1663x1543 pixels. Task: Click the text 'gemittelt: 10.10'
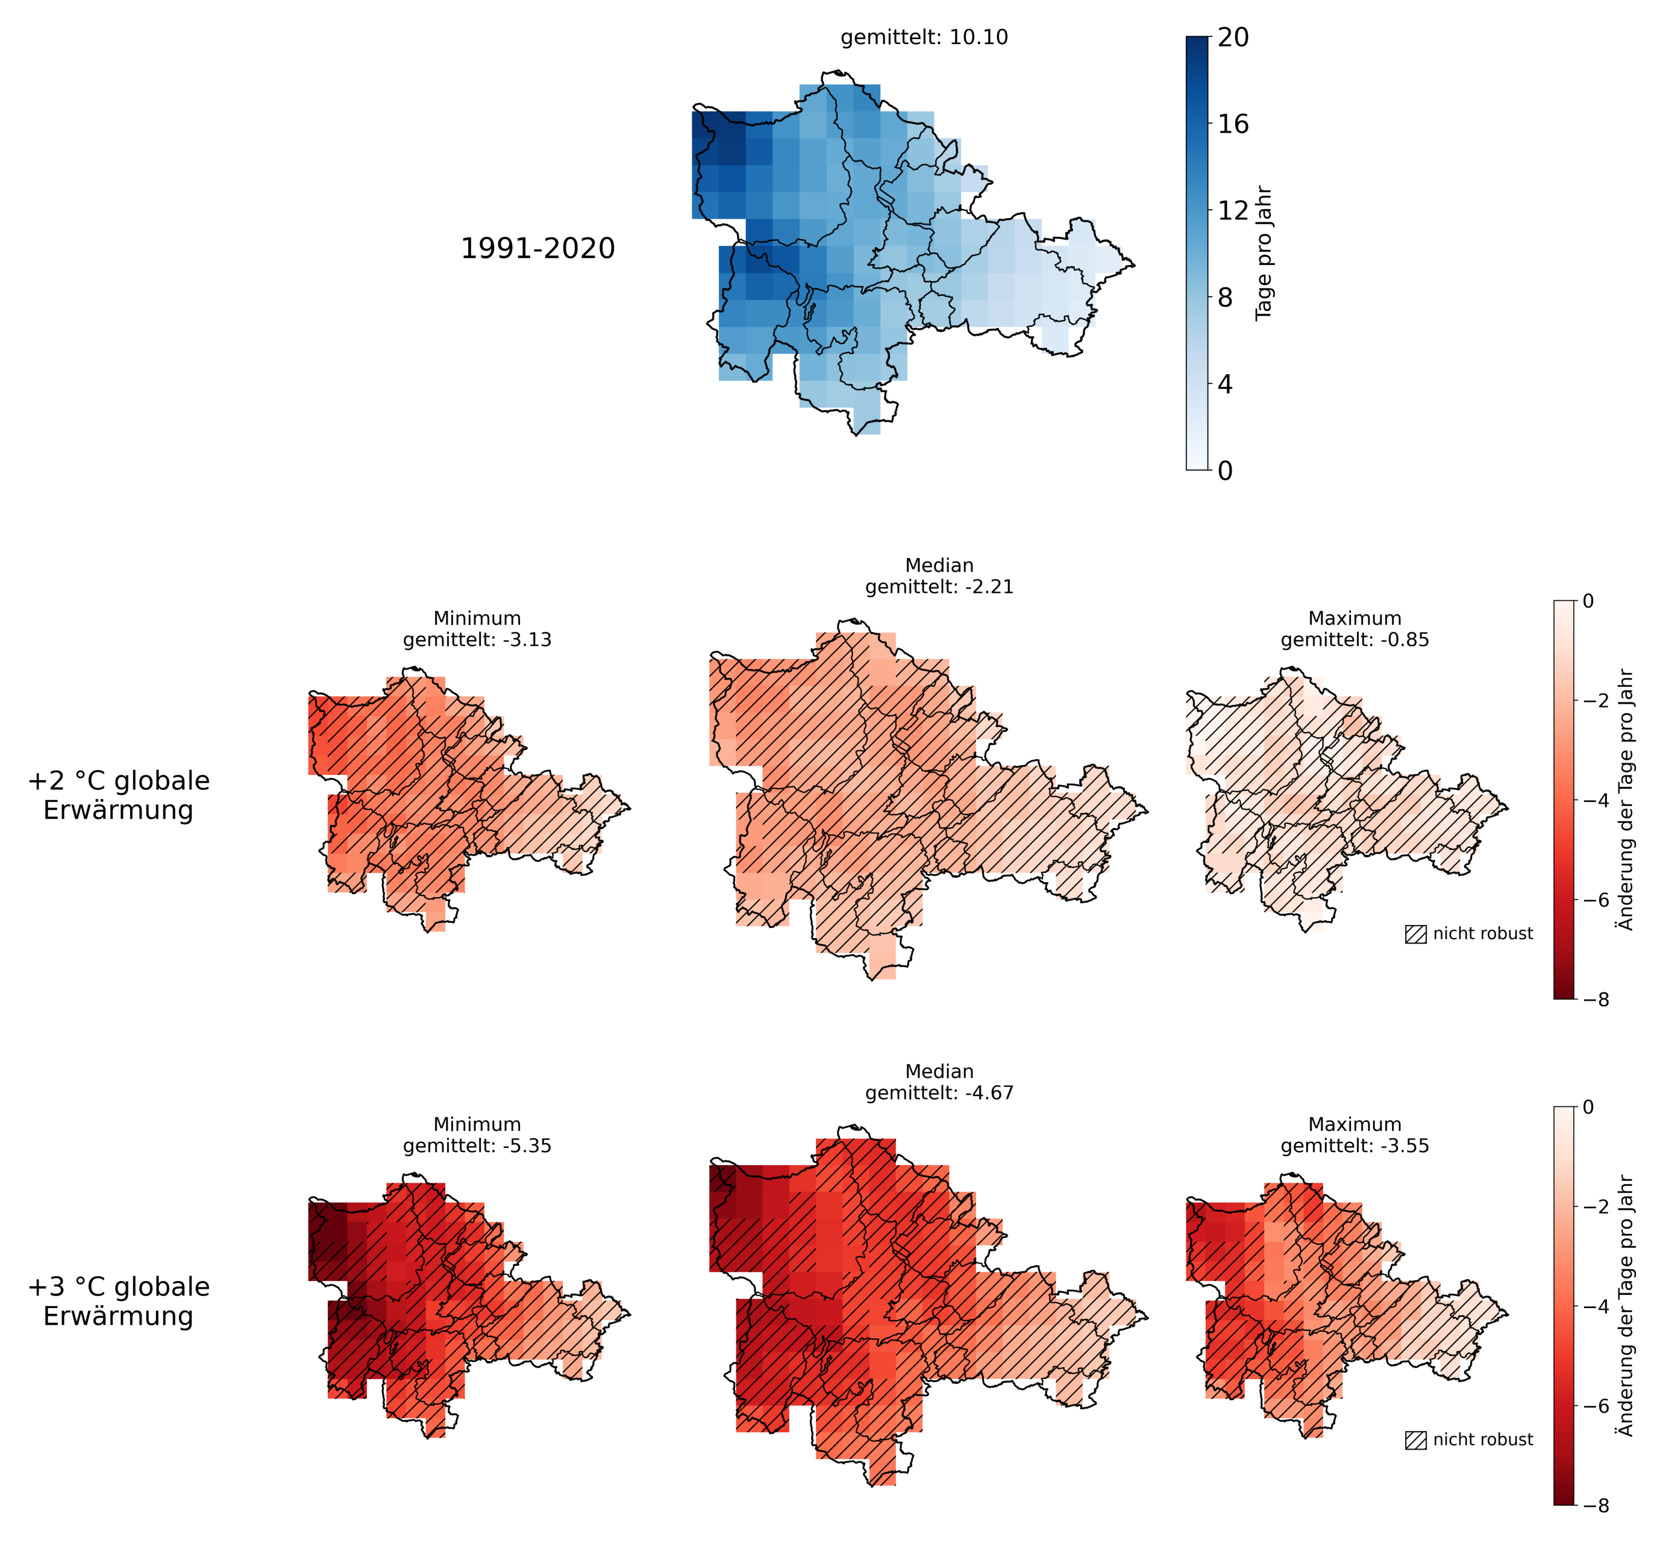click(924, 37)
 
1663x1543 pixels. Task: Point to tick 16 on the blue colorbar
click(1233, 124)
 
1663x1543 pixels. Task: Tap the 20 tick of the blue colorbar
click(1233, 37)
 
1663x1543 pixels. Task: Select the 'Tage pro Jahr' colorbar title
click(1264, 253)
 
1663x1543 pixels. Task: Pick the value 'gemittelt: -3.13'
click(478, 640)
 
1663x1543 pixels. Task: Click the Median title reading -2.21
click(939, 576)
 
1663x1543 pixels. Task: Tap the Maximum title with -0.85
click(1355, 629)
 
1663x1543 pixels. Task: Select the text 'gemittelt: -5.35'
click(478, 1145)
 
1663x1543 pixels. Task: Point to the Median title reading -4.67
click(939, 1082)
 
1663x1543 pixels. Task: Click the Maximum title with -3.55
click(1355, 1135)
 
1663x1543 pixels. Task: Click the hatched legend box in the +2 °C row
click(1416, 934)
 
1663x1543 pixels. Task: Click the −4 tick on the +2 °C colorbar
click(1593, 800)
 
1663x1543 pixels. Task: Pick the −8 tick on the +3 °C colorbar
click(1593, 1506)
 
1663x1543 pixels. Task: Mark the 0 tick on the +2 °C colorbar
click(1588, 601)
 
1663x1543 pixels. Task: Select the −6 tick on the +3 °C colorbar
click(1593, 1406)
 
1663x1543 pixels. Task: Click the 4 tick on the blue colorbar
click(1225, 384)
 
